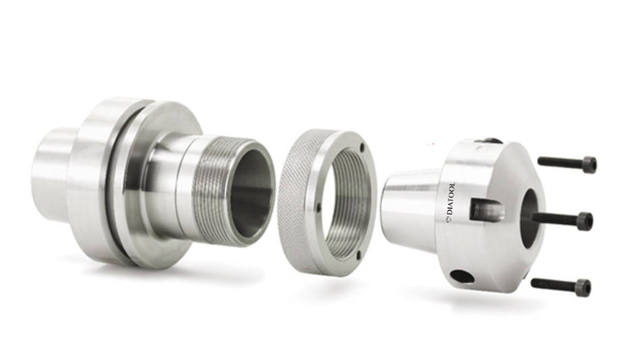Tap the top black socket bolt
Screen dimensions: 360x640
566,163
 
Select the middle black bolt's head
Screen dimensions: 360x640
585,221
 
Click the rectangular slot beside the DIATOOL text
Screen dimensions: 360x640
485,209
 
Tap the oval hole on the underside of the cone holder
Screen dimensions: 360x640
462,276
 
